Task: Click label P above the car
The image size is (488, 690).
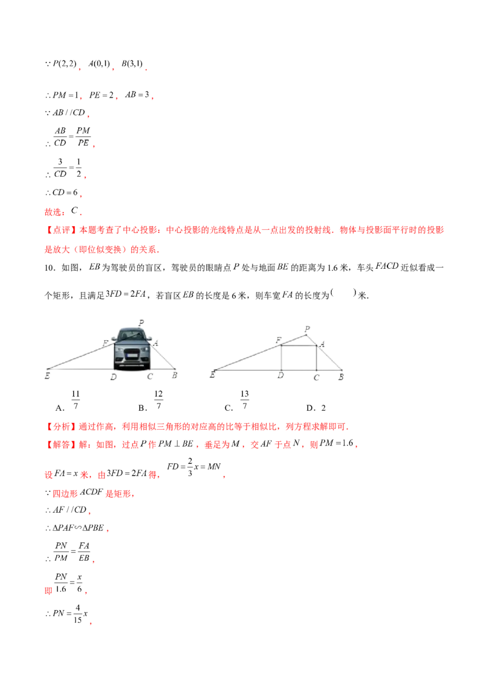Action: point(141,322)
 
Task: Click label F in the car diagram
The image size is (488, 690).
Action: point(106,344)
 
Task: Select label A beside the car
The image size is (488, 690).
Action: point(156,343)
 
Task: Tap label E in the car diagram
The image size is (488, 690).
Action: point(47,376)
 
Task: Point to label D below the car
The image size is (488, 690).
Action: point(113,377)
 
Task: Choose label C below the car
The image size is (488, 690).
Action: point(150,377)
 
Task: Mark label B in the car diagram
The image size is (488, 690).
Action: point(174,375)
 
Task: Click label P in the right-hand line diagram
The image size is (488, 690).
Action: point(307,329)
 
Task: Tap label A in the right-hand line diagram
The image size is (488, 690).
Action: point(322,344)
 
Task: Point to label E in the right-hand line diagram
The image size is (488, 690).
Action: point(212,375)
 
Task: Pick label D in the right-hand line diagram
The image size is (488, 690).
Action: point(281,376)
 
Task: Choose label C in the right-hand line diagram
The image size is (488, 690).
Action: point(317,377)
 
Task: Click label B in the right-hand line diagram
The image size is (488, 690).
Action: point(341,376)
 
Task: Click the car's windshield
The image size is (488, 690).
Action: point(132,336)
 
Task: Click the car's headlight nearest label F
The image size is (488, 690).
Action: point(118,350)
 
